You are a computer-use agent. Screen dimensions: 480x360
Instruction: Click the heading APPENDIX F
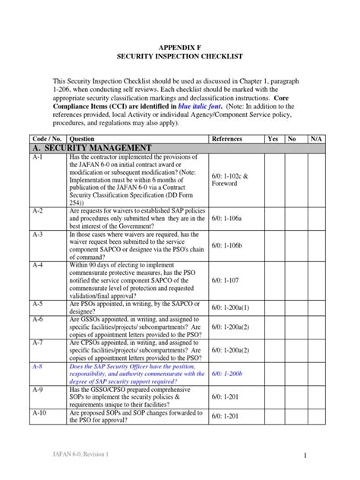179,46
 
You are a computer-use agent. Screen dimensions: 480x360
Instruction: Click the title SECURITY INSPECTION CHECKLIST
179,57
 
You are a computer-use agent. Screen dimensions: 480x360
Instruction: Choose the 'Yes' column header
273,139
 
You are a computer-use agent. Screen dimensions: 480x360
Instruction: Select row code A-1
39,156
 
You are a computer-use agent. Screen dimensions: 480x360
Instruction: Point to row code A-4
39,265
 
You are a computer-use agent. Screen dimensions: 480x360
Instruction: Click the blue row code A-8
39,365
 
